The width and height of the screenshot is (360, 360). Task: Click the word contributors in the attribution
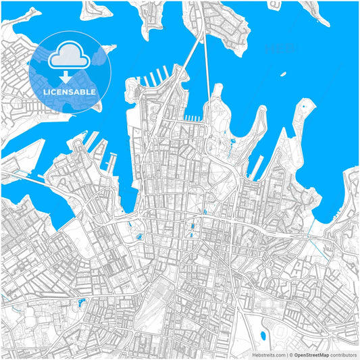tap(344, 354)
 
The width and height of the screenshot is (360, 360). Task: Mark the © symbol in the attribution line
tap(290, 354)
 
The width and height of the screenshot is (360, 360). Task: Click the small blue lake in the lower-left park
tap(82, 301)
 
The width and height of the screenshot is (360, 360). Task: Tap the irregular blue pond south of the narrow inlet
tap(139, 237)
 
